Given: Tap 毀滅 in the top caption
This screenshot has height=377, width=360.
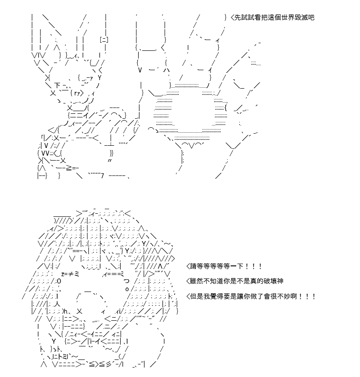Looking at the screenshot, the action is (x=304, y=18).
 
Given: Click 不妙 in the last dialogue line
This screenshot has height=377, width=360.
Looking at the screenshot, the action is (x=284, y=296).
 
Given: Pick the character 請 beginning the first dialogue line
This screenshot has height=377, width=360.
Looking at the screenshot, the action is (x=193, y=266).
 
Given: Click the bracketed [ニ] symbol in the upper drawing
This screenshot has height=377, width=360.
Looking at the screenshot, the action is (x=104, y=40).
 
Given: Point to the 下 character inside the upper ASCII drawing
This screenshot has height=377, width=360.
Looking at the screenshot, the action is (x=57, y=85).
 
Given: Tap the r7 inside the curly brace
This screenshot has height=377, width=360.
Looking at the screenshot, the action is (x=77, y=93).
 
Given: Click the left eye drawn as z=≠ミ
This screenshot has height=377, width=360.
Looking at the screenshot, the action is (x=70, y=274).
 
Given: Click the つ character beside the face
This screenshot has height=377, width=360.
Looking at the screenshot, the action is (x=126, y=281).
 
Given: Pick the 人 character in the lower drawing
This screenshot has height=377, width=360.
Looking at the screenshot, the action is (x=57, y=304).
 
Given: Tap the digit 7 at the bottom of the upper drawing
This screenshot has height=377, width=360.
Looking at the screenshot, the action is (x=102, y=176).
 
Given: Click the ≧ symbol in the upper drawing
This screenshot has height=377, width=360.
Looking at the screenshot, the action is (x=68, y=169).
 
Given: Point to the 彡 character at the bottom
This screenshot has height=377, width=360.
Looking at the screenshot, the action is (x=109, y=365).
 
